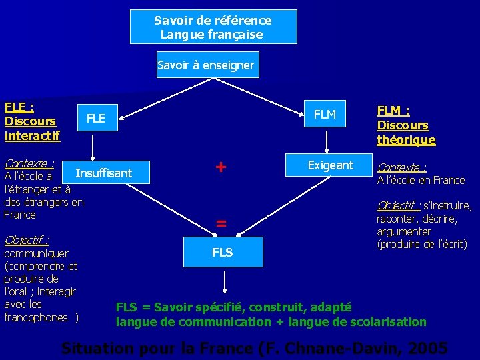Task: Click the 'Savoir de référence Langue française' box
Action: coord(213,27)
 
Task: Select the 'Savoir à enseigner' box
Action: coord(206,65)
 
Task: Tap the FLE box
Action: coord(96,119)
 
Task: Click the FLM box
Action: coord(325,115)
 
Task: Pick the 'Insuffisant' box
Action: coord(104,173)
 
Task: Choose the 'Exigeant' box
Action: coord(330,165)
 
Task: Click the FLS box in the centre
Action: coord(222,252)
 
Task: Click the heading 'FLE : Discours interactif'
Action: coord(31,121)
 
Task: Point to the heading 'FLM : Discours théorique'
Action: coord(406,125)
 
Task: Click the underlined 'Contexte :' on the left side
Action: coord(28,163)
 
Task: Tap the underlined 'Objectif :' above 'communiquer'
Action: coord(26,240)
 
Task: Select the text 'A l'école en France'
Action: coord(421,180)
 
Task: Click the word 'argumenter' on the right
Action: coord(404,231)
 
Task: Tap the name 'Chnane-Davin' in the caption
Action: coord(351,349)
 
